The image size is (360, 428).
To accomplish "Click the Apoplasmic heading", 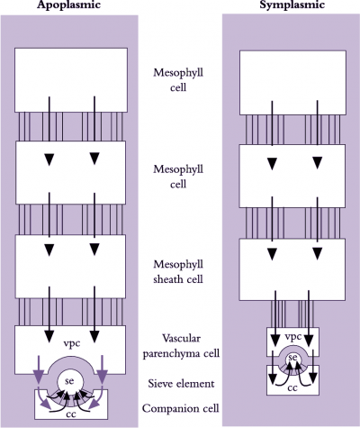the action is pyautogui.click(x=68, y=5).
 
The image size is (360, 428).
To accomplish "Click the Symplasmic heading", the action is pyautogui.click(x=292, y=5).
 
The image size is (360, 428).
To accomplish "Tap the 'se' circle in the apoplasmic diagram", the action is pyautogui.click(x=69, y=381).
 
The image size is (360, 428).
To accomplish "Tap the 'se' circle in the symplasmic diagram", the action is pyautogui.click(x=292, y=358).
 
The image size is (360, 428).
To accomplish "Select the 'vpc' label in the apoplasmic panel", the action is pyautogui.click(x=72, y=343).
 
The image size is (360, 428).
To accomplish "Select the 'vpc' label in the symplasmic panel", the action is pyautogui.click(x=292, y=337).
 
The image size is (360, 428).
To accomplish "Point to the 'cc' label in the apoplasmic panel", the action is pyautogui.click(x=71, y=414).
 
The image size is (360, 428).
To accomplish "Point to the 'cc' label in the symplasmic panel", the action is pyautogui.click(x=292, y=388).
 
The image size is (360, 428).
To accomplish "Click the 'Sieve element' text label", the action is pyautogui.click(x=181, y=384).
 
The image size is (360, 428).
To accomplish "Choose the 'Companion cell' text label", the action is pyautogui.click(x=181, y=408).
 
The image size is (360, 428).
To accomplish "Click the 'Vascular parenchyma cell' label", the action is pyautogui.click(x=181, y=346).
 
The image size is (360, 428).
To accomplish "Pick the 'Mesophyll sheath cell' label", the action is pyautogui.click(x=178, y=272).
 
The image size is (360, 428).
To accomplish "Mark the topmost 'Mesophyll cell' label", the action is pyautogui.click(x=178, y=80).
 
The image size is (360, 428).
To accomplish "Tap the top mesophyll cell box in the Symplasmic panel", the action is pyautogui.click(x=292, y=83).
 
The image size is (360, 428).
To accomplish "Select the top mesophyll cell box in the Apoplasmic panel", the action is pyautogui.click(x=71, y=80).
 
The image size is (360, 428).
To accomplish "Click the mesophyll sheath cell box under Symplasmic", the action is pyautogui.click(x=292, y=269).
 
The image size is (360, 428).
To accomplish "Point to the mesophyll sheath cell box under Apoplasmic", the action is pyautogui.click(x=70, y=267).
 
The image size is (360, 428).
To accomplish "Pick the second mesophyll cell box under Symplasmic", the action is pyautogui.click(x=292, y=176).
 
